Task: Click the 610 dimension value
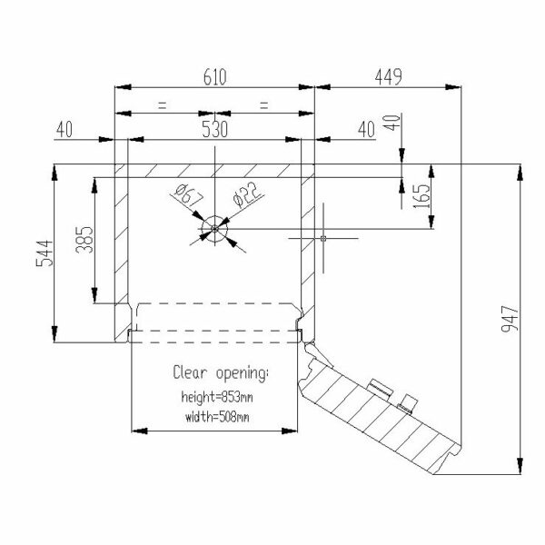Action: [214, 77]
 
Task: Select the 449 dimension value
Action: [388, 77]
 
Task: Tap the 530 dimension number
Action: [214, 129]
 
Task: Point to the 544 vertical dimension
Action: [45, 253]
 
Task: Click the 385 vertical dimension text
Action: [84, 240]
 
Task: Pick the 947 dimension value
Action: [510, 319]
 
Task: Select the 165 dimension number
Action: [421, 196]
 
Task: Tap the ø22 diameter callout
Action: [246, 195]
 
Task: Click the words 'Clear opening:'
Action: [221, 373]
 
